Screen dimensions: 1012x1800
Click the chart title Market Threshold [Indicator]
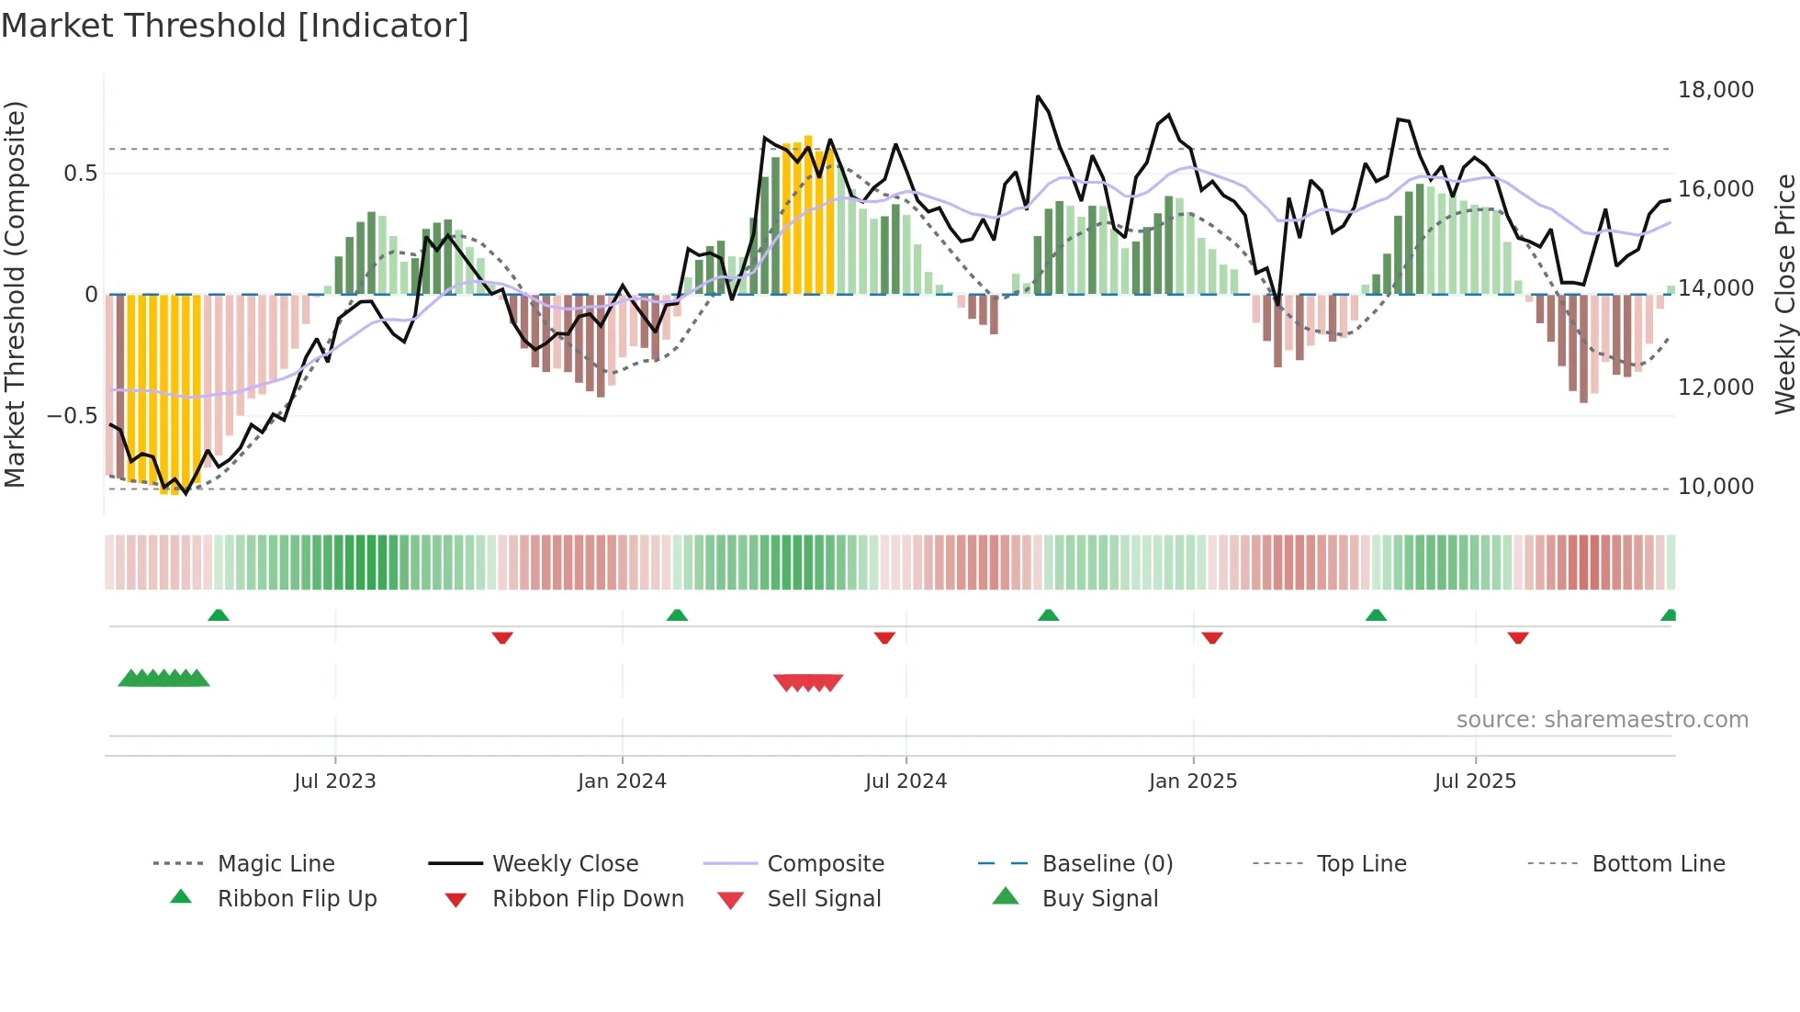pos(235,26)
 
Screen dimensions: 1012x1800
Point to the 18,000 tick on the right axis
pos(1715,90)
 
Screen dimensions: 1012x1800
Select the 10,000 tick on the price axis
pos(1715,487)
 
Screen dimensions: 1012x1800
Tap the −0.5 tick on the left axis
pos(73,416)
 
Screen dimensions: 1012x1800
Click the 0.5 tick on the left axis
pos(80,174)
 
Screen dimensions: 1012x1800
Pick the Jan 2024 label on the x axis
pos(622,781)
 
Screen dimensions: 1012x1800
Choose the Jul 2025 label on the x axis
pos(1475,781)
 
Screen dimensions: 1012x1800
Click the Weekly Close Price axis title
pos(1784,294)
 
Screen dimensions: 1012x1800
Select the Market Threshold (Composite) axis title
pos(15,294)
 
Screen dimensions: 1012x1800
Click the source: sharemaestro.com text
pos(1602,720)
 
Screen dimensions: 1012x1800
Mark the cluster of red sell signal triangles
pos(808,682)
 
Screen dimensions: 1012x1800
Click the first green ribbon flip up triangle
pos(218,615)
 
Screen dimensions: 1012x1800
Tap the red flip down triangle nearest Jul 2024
pos(884,637)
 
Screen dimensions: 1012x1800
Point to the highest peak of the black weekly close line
pos(1038,96)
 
